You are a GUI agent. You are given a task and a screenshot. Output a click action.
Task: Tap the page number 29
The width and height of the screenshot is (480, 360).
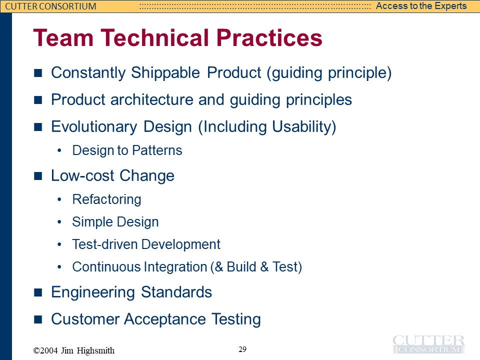[x=242, y=349]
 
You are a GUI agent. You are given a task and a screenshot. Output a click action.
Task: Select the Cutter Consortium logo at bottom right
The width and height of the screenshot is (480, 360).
[x=428, y=344]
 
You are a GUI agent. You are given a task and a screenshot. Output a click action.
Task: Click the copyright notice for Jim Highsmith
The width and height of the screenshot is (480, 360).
[x=74, y=350]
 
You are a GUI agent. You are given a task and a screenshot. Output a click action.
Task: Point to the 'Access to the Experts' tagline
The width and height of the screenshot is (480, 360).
[x=421, y=6]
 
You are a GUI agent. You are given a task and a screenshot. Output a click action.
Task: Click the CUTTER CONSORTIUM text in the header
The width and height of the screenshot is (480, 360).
[x=51, y=6]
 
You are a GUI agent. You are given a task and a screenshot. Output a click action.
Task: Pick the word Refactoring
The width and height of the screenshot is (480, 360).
[x=107, y=199]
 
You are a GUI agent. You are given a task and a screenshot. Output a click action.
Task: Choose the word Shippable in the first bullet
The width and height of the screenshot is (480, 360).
[x=165, y=73]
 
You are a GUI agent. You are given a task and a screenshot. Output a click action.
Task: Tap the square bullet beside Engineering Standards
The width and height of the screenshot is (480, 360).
[x=38, y=292]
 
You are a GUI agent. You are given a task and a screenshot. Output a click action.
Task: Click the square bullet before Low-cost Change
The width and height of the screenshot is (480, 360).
[x=38, y=176]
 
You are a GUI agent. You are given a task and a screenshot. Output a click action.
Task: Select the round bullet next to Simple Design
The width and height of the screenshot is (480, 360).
[x=59, y=222]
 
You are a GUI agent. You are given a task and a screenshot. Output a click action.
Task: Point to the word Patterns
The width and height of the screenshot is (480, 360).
[x=157, y=150]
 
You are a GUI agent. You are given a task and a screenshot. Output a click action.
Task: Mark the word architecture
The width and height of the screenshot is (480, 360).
[x=152, y=100]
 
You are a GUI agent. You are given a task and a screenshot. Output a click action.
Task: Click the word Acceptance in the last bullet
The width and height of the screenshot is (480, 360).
[x=165, y=319]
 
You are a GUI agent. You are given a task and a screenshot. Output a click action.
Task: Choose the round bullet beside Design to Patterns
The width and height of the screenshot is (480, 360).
[x=59, y=150]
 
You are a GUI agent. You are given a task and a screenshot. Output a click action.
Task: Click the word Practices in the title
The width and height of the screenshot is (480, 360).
[x=269, y=37]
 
